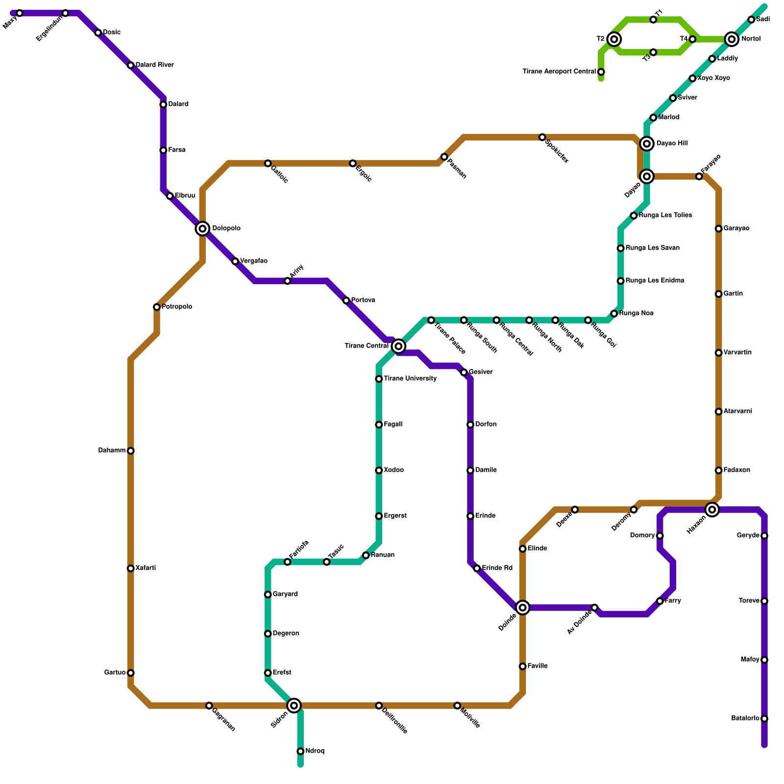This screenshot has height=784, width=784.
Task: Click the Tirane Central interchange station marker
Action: tap(399, 346)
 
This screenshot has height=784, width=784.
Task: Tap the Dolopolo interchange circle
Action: tap(202, 228)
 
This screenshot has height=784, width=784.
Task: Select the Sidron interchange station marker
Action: tap(294, 706)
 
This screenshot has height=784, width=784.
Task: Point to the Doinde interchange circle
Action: tap(523, 608)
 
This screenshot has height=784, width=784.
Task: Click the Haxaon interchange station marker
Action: tap(712, 510)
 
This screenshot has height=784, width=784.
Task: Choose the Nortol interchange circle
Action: tap(732, 39)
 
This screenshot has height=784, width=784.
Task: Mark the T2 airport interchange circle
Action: tap(614, 39)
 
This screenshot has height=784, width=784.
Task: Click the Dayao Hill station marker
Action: tap(647, 144)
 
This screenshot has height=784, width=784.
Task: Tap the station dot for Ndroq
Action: tap(300, 751)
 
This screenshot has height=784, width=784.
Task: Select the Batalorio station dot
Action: tap(764, 719)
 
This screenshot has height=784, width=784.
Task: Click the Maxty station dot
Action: tap(20, 13)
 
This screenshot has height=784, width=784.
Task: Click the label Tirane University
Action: tap(410, 379)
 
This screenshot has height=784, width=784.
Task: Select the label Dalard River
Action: tap(154, 65)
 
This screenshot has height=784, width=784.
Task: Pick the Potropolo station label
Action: tap(177, 307)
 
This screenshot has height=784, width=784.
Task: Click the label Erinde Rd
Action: tap(497, 568)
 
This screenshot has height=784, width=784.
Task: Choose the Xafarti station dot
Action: tap(130, 568)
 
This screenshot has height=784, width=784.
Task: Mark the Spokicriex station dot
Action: tap(542, 137)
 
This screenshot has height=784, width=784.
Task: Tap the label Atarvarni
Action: tap(737, 412)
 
